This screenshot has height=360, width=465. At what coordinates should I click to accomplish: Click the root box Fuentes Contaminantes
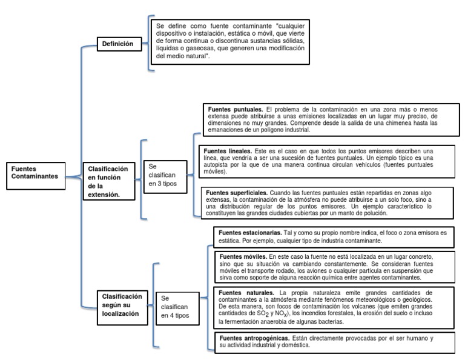click(x=35, y=172)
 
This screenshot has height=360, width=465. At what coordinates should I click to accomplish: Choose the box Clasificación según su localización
click(x=122, y=305)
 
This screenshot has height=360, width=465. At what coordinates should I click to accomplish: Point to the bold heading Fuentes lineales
click(x=228, y=150)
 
